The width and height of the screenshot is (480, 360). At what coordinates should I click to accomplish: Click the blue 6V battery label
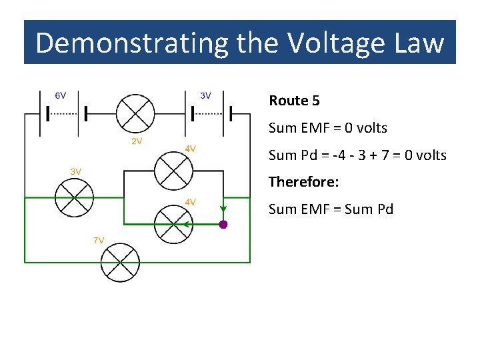(60, 95)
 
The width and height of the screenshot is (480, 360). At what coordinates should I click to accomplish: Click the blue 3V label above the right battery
(206, 95)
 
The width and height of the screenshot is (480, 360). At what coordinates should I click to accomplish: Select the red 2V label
(135, 141)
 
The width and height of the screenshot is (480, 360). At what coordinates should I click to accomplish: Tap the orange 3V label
(76, 171)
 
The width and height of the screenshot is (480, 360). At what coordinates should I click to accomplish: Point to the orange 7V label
(98, 240)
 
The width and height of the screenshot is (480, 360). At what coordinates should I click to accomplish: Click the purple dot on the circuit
(223, 225)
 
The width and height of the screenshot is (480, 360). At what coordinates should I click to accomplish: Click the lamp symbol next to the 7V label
(121, 262)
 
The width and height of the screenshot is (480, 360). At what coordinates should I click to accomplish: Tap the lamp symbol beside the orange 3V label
(73, 198)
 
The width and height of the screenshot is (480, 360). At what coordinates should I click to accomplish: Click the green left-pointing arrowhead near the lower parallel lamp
(187, 225)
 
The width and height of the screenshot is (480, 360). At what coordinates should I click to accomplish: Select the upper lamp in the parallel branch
(173, 171)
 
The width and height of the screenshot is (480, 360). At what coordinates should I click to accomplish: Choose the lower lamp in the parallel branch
(173, 224)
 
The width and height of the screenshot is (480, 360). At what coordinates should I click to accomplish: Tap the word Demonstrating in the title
(131, 43)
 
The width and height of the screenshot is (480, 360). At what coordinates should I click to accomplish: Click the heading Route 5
(294, 101)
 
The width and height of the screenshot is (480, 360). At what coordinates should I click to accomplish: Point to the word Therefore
(303, 181)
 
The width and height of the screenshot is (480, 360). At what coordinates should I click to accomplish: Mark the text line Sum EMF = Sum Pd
(331, 209)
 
